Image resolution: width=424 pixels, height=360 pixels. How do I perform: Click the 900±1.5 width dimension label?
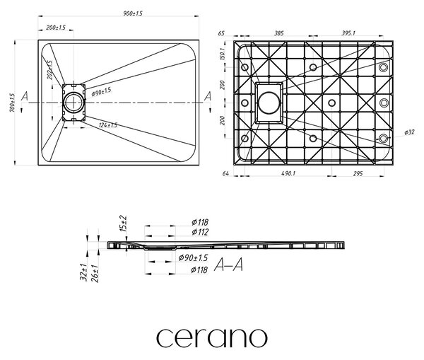coord(133,13)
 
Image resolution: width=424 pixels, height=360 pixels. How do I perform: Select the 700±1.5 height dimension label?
coord(13,103)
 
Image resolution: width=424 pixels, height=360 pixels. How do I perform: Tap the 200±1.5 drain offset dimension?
coord(56,28)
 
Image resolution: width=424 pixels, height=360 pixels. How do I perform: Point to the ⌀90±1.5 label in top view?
coord(101,92)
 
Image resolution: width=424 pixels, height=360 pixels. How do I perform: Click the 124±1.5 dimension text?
coord(108,125)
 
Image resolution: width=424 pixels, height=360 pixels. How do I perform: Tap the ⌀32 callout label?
coord(409,132)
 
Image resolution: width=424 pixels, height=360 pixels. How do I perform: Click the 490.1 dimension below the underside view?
coord(288,173)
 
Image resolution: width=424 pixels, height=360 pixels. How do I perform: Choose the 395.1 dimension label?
coord(348,33)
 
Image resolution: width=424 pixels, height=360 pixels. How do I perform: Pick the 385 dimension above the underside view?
coord(279,33)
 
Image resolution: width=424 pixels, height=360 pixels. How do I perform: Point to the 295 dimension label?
coord(358,173)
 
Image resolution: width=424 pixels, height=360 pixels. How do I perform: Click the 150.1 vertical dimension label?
coord(223,54)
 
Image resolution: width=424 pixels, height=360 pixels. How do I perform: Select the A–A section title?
coord(228,265)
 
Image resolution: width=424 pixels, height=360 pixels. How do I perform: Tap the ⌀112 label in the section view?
coord(200,232)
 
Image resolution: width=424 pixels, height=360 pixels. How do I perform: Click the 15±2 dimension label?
coord(123,223)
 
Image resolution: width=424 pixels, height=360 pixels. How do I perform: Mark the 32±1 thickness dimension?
coord(84,272)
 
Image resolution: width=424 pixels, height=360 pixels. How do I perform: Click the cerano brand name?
coord(212,338)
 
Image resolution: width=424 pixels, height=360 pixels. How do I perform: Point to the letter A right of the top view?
coord(207,96)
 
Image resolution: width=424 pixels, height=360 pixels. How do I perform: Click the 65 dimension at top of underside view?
coord(221,33)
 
